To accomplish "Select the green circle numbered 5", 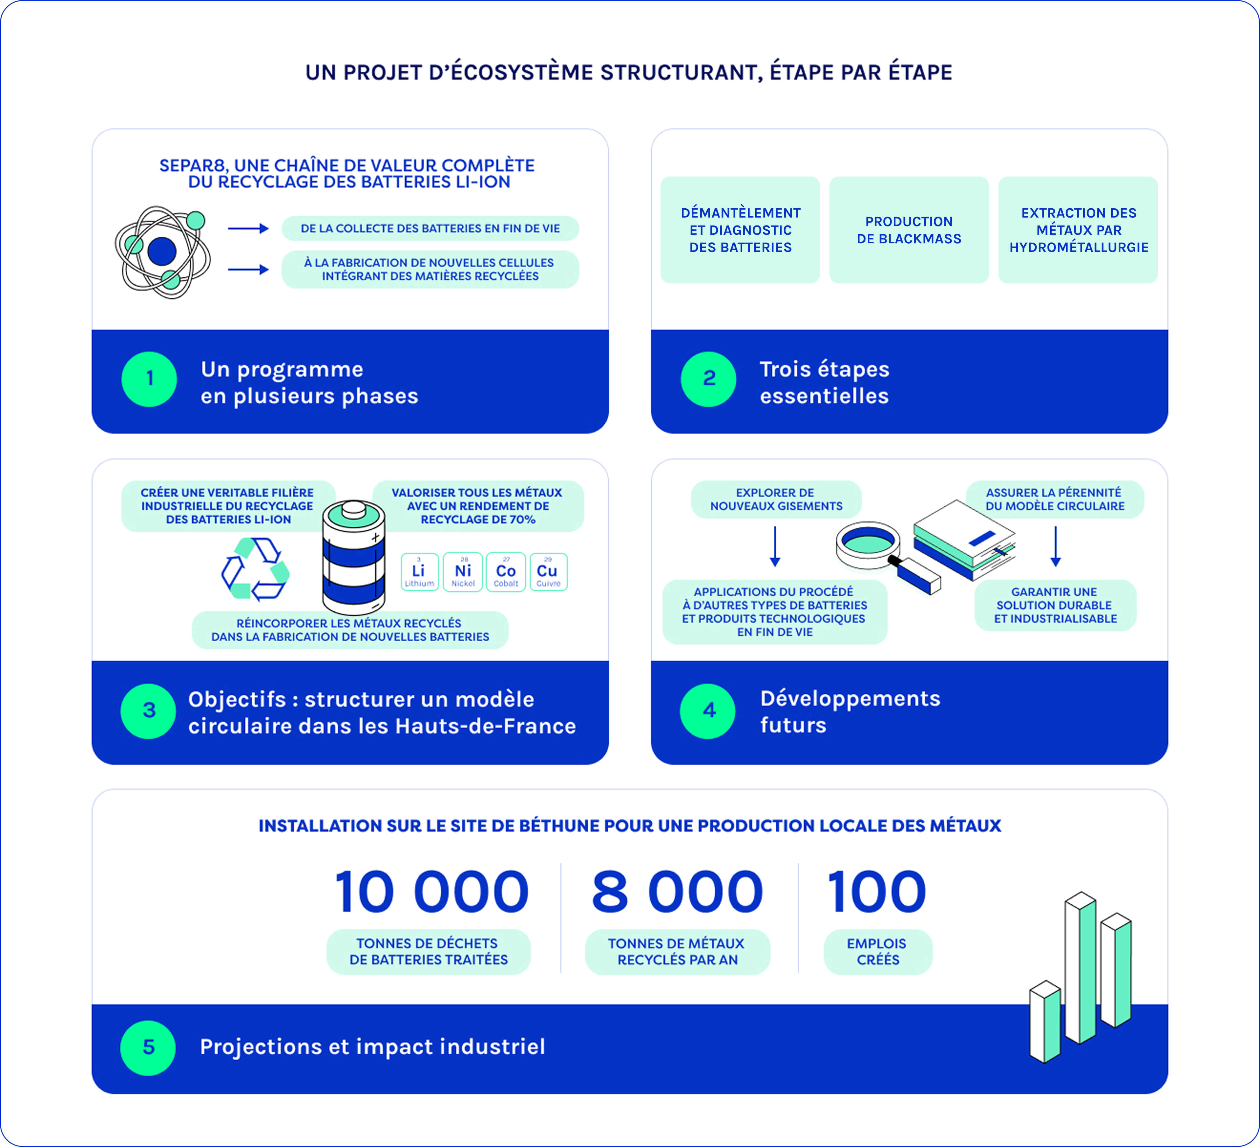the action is (148, 1048).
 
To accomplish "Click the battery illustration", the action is (354, 557).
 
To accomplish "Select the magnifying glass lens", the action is (867, 540).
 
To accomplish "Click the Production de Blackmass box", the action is (909, 230).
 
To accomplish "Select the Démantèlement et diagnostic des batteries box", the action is (740, 230).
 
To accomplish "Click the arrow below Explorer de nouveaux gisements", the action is (775, 546).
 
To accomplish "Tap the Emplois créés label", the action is (878, 951).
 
